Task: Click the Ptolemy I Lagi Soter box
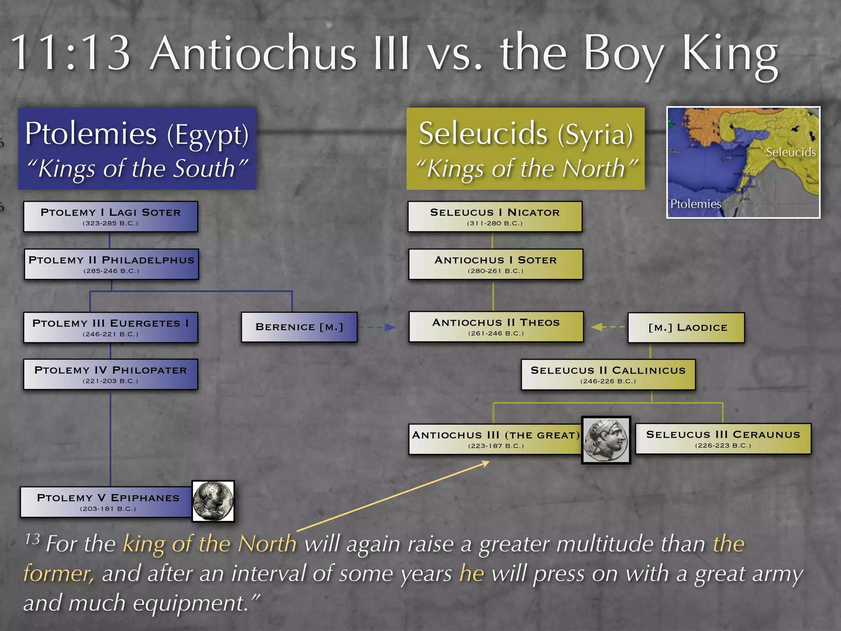click(110, 216)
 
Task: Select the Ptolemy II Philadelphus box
click(111, 264)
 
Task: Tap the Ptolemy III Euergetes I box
click(110, 327)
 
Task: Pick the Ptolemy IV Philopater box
click(110, 374)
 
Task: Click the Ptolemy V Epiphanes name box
click(107, 502)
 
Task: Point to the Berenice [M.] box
click(299, 327)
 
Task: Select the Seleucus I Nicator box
click(495, 216)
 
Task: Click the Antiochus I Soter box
click(496, 264)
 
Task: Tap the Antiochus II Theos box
click(496, 327)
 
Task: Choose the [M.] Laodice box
click(686, 327)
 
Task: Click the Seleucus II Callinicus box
click(608, 374)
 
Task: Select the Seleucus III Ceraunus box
click(723, 439)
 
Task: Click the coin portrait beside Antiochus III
click(606, 440)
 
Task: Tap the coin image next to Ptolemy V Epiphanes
click(213, 501)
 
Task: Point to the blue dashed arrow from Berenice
click(376, 327)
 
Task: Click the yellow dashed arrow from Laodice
click(608, 327)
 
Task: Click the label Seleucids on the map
click(790, 152)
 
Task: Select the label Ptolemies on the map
click(695, 204)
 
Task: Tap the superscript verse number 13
click(32, 539)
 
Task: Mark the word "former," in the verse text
click(59, 573)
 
